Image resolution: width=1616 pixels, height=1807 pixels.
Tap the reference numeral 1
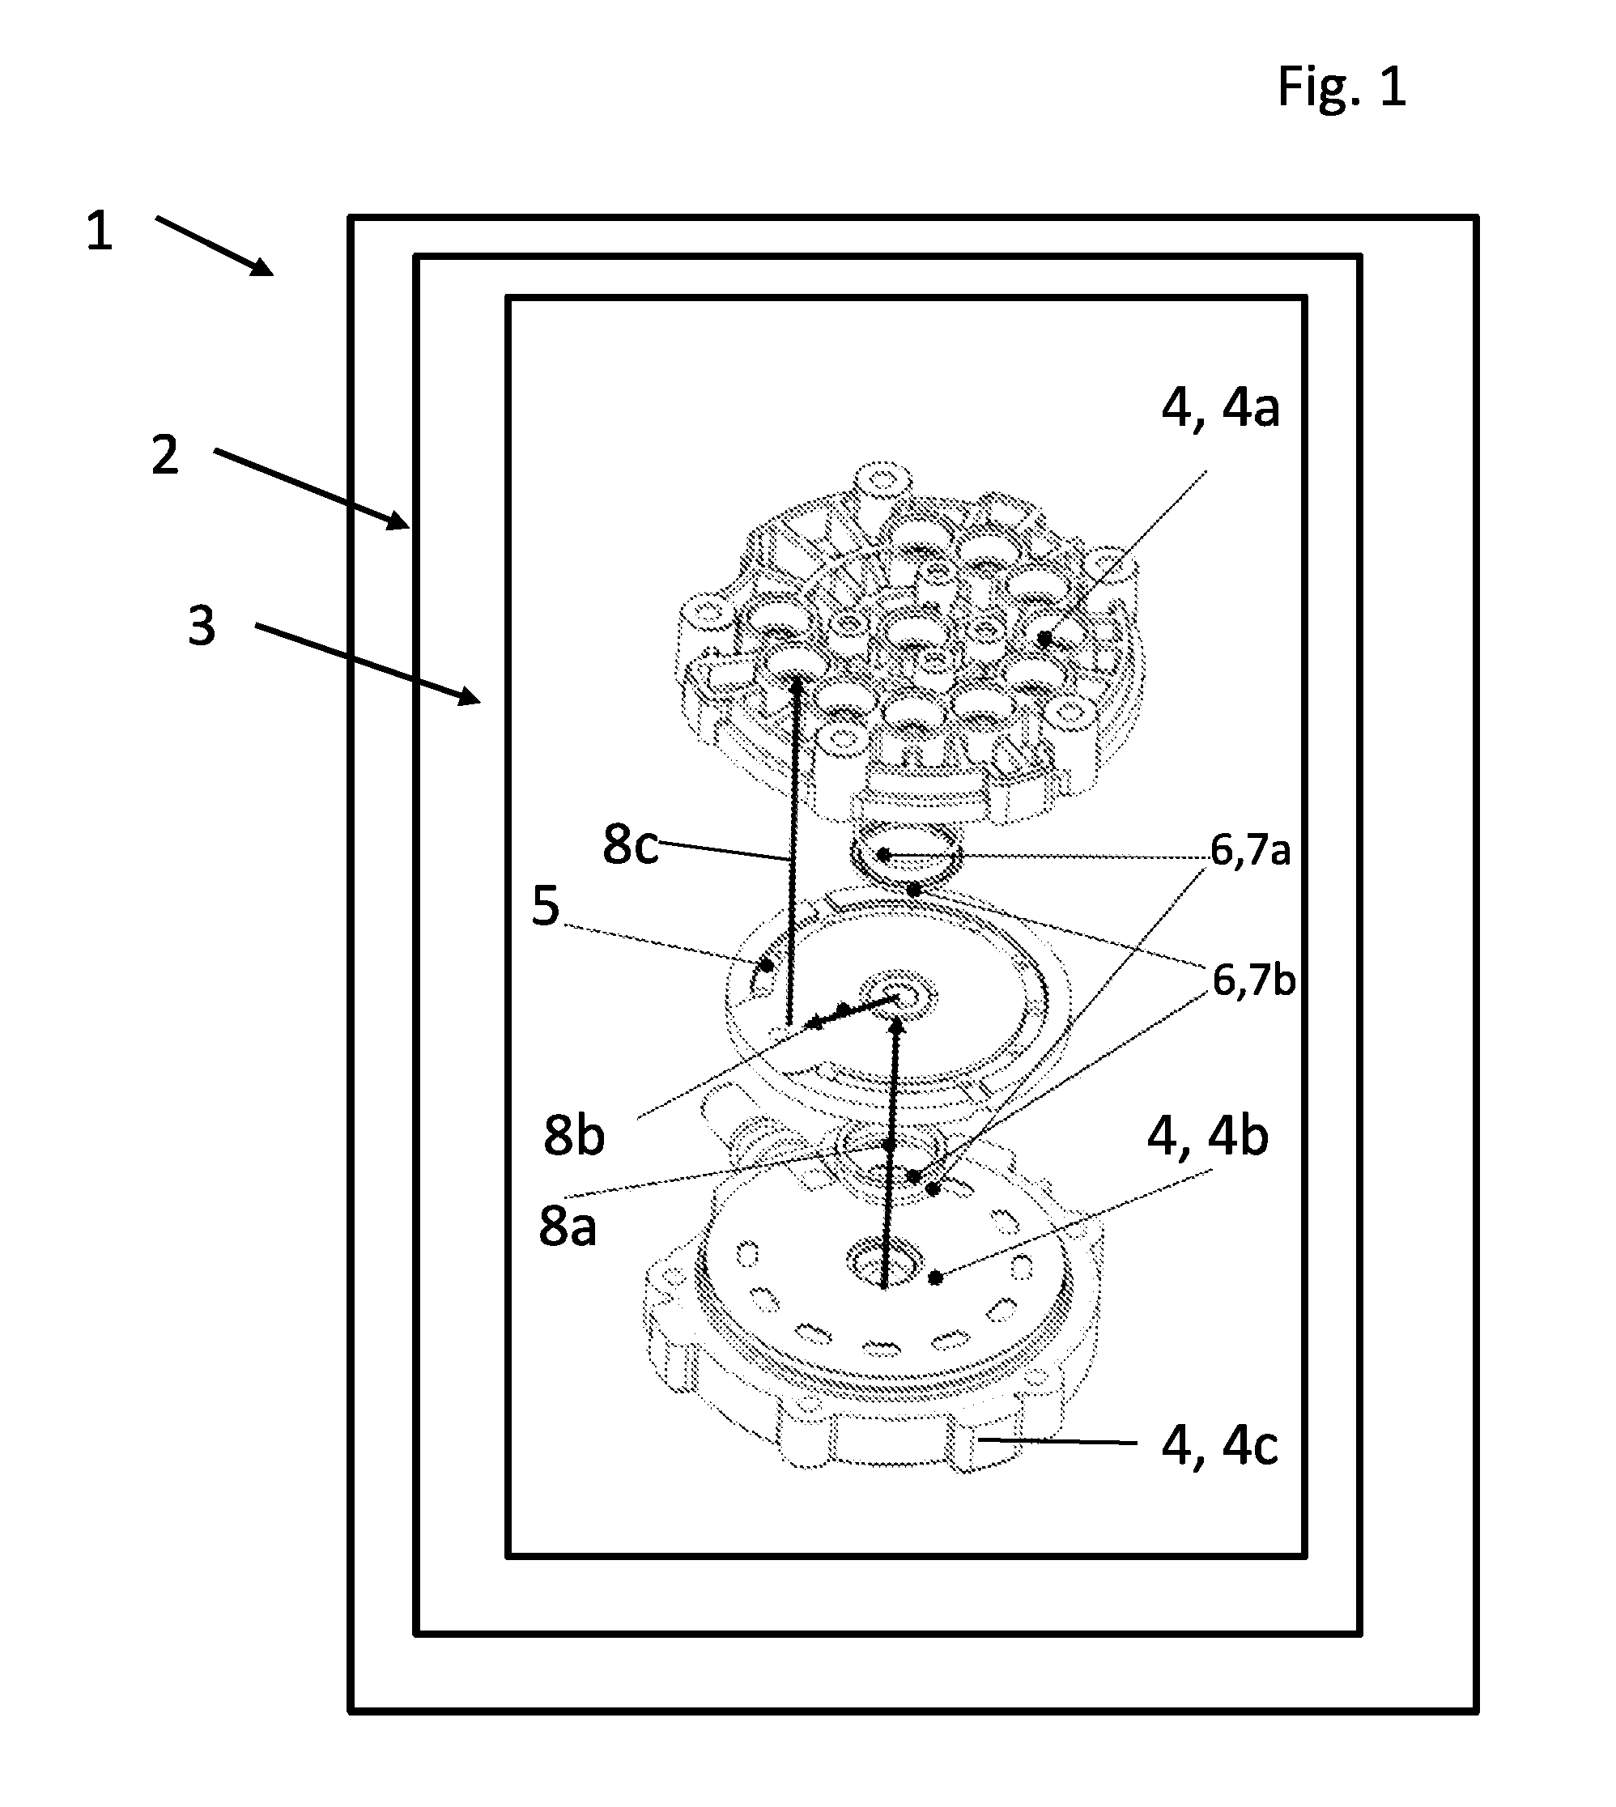(x=100, y=231)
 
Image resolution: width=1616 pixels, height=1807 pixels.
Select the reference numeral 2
(x=165, y=456)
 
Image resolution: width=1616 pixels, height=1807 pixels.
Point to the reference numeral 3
(x=202, y=626)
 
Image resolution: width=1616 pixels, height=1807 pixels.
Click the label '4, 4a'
(x=1220, y=409)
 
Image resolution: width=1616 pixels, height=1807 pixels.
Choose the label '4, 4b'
(x=1208, y=1137)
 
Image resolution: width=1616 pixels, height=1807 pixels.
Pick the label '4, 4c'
(x=1219, y=1447)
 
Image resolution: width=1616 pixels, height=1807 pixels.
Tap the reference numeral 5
(x=545, y=907)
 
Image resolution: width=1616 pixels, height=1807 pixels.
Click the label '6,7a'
(x=1250, y=852)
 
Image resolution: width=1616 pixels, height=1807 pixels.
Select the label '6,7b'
(x=1254, y=981)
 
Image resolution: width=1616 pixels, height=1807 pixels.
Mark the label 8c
(x=631, y=844)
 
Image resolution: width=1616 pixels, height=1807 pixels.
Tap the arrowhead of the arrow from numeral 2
(x=398, y=520)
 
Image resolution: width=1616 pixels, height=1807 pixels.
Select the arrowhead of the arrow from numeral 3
(x=468, y=696)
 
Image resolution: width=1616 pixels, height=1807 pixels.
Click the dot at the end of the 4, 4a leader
(x=1045, y=638)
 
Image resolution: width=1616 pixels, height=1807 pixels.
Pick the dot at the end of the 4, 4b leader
(x=935, y=1278)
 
